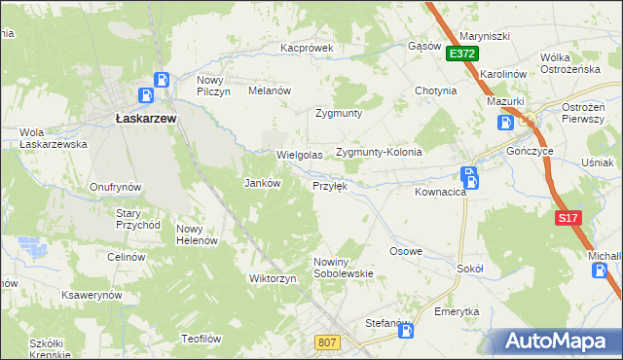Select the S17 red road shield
tap(568, 219)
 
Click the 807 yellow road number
tap(328, 342)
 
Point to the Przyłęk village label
tap(330, 185)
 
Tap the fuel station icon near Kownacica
tap(470, 177)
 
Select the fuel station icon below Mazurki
tap(506, 123)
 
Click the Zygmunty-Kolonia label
tap(379, 153)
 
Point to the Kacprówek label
tap(307, 47)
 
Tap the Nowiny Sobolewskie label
tap(344, 268)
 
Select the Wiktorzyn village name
tap(273, 278)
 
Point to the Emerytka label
tap(458, 311)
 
